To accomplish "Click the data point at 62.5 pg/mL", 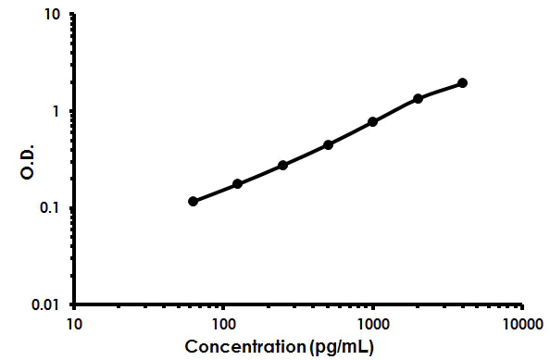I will pos(193,201).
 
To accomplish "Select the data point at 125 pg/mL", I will pos(238,184).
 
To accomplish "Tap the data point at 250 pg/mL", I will pos(282,165).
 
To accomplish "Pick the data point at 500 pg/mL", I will pos(328,144).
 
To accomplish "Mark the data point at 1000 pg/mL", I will pos(372,122).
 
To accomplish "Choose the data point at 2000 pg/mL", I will pos(418,98).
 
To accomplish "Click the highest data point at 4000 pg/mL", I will pos(462,83).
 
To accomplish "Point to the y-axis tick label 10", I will pos(52,16).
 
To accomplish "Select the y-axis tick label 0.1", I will pos(50,208).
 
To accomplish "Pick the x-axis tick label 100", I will pos(223,324).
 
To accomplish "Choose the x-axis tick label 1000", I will pos(372,324).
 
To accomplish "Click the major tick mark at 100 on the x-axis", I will pos(223,306).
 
